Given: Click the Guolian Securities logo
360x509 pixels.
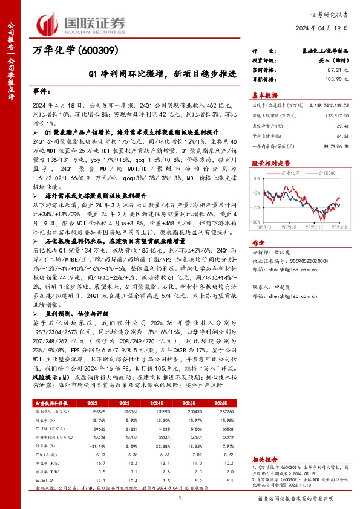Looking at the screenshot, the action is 82,23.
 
